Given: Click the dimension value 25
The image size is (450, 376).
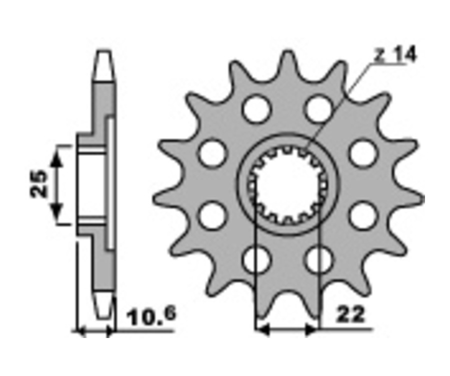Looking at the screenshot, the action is point(38,184).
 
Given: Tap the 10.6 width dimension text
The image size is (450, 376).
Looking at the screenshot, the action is point(152,316).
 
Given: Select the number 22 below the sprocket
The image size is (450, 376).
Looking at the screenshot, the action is point(351,315).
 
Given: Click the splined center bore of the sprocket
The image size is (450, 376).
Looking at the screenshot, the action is point(288,185).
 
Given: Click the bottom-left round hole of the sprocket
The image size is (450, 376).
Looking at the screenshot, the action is point(257,260).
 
